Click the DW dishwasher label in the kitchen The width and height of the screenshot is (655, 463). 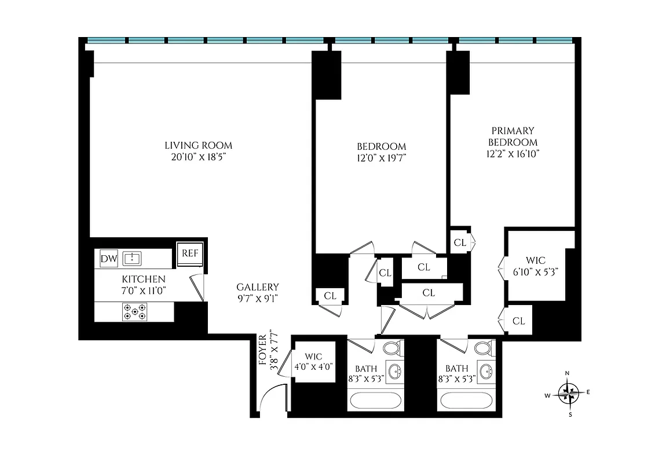tap(108, 259)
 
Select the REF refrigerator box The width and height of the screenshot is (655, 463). tap(190, 253)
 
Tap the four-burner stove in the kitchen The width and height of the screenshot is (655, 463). tap(134, 313)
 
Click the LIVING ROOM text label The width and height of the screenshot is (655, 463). tap(198, 145)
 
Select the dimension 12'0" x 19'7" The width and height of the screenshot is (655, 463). tap(380, 158)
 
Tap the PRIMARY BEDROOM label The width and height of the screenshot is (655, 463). tap(513, 137)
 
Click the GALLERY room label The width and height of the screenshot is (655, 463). tap(258, 287)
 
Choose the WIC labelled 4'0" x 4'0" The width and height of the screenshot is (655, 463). tap(314, 361)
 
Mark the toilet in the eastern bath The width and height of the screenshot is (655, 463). tap(484, 348)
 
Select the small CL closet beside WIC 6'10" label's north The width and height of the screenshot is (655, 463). tap(460, 242)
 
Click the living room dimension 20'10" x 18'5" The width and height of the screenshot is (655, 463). tap(198, 157)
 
